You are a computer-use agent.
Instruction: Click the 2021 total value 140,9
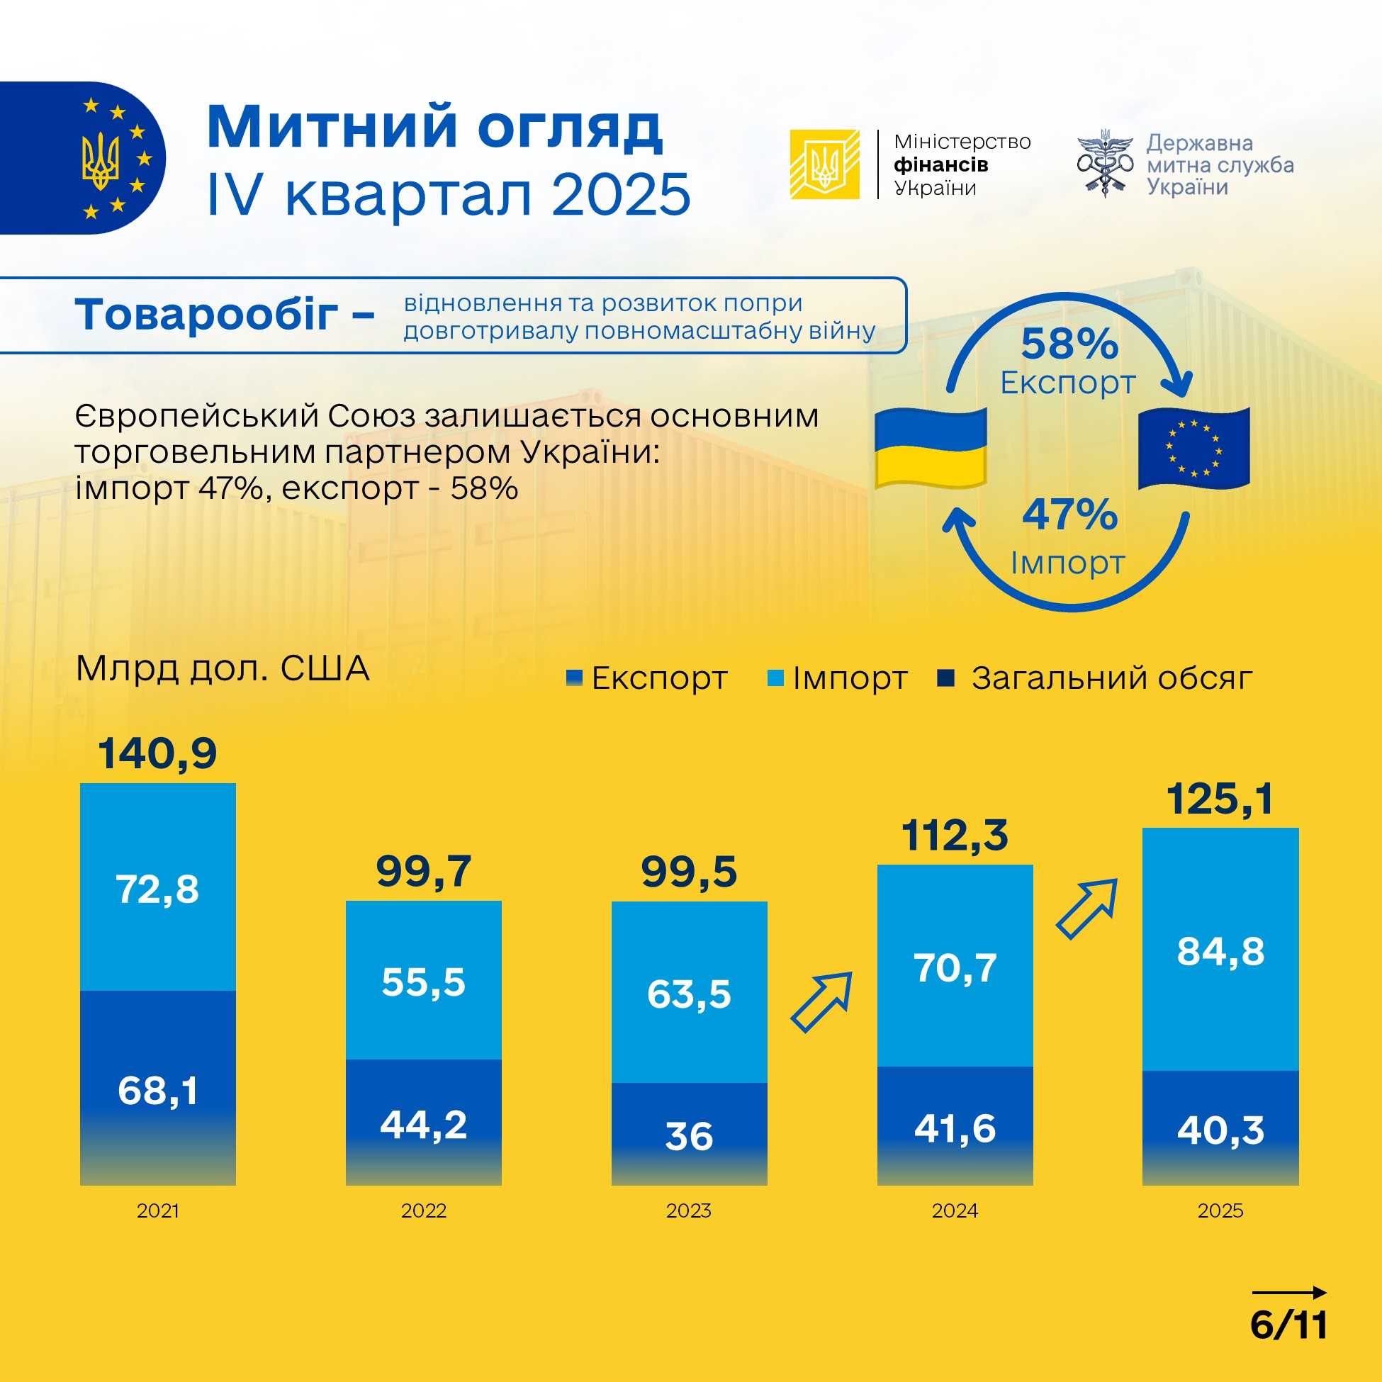[157, 753]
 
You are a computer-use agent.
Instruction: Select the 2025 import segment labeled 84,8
[1220, 951]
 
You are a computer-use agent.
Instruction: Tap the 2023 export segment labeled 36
[689, 1136]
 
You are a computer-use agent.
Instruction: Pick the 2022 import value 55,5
[424, 982]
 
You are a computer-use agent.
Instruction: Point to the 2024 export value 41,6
[955, 1129]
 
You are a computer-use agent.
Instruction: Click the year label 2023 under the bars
[689, 1211]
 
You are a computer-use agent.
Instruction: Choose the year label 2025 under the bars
[1220, 1211]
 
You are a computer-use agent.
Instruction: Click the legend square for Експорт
[573, 678]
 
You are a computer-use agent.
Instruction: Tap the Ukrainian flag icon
[931, 449]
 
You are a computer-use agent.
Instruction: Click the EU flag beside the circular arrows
[1194, 449]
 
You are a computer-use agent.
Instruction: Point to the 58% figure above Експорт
[1069, 344]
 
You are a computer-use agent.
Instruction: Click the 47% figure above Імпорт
[1069, 515]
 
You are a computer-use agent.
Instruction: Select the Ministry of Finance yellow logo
[825, 164]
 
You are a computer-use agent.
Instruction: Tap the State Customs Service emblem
[1105, 163]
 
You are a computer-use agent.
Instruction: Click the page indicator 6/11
[1289, 1325]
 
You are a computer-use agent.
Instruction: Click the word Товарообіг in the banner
[207, 315]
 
